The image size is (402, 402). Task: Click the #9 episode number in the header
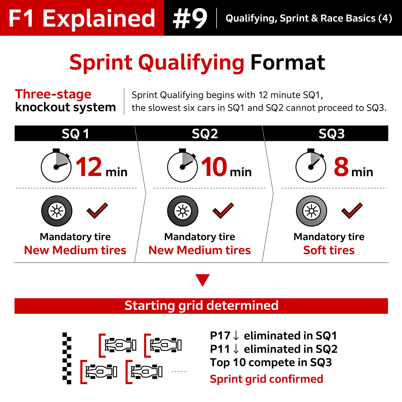click(190, 18)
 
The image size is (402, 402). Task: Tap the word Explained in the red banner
click(99, 19)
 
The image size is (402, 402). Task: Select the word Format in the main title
click(288, 62)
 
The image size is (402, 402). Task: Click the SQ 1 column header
click(75, 133)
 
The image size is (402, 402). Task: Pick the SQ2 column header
click(205, 133)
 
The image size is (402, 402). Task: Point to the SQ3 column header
click(331, 133)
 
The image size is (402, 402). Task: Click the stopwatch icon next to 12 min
click(56, 166)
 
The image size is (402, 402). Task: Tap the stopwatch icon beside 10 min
click(182, 166)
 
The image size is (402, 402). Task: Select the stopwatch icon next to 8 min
click(311, 166)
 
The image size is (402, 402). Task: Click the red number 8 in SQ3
click(341, 167)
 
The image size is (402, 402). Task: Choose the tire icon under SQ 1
click(57, 211)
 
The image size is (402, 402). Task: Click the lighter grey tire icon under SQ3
click(311, 211)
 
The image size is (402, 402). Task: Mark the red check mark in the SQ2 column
click(223, 211)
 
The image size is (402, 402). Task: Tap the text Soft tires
click(329, 250)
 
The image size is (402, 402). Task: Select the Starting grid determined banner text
click(201, 306)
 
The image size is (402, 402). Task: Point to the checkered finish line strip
click(67, 358)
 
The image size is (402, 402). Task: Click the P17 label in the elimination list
click(220, 336)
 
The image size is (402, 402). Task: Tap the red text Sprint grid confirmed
click(267, 379)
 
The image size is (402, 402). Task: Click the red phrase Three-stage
click(53, 94)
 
